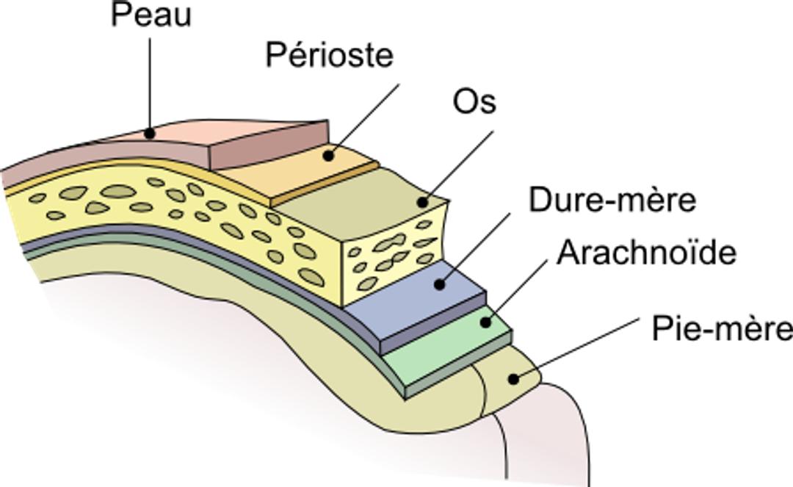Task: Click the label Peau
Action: [151, 15]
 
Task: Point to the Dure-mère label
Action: [612, 200]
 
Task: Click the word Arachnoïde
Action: [646, 253]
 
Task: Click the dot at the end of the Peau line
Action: [149, 134]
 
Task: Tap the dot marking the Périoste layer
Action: [329, 156]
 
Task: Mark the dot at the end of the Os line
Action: [422, 202]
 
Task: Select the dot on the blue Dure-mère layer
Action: [440, 285]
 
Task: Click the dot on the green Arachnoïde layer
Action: [485, 322]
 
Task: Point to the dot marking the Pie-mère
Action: [513, 378]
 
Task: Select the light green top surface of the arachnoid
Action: [445, 349]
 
